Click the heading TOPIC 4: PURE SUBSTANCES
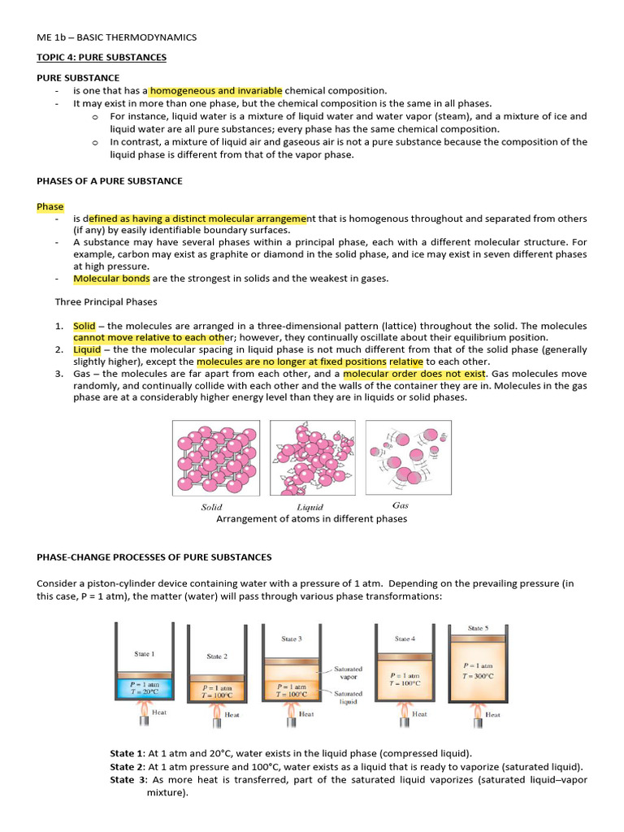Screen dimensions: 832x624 click(x=102, y=58)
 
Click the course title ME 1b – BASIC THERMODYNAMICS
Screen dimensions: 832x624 click(x=116, y=37)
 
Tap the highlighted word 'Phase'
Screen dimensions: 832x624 click(x=50, y=207)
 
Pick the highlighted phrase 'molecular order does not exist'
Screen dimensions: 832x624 click(x=414, y=373)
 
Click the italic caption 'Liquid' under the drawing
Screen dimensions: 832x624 click(x=310, y=507)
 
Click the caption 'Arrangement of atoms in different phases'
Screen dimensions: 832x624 click(x=311, y=519)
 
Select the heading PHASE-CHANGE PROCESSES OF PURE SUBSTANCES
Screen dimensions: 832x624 click(x=154, y=557)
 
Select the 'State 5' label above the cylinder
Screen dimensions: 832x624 click(x=478, y=628)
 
